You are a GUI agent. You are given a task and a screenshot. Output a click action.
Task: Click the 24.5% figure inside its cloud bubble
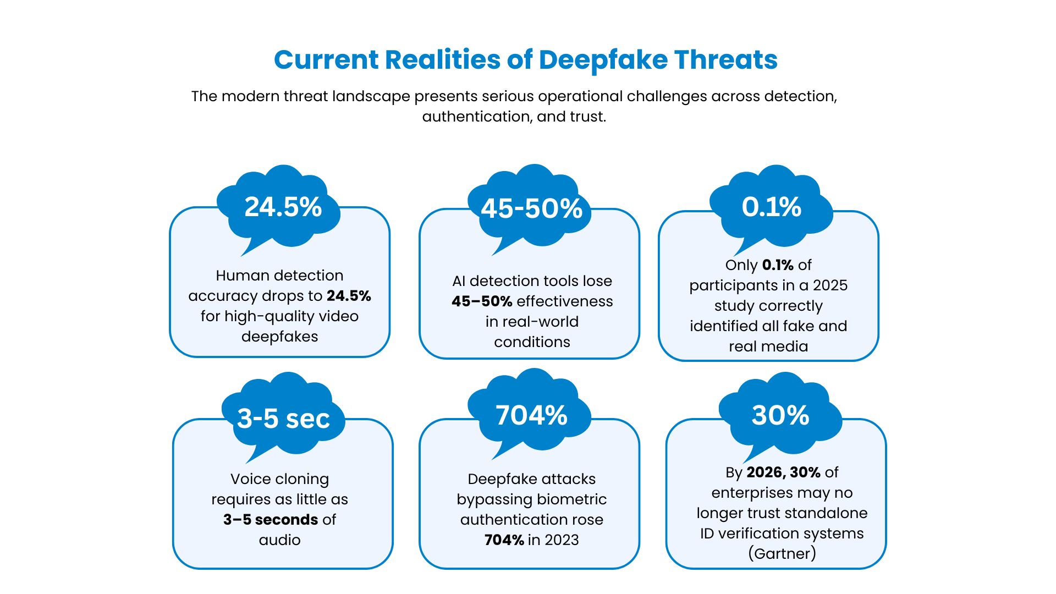283,207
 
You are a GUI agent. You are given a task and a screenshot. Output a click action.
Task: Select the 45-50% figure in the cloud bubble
531,209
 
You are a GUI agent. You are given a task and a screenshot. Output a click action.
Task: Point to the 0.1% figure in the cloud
771,207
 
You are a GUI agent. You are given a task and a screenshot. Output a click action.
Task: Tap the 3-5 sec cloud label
283,419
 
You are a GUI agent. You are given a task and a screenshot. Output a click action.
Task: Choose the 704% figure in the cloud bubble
531,416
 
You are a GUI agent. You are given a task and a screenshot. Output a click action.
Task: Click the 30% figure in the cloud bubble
780,416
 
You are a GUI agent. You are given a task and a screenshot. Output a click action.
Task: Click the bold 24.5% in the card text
349,296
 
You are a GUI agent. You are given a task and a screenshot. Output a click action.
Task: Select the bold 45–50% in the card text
482,301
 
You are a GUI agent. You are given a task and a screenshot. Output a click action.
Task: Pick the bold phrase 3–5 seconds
271,520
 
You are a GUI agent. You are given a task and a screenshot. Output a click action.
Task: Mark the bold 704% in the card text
504,540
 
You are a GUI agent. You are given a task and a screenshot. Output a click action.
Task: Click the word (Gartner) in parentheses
782,553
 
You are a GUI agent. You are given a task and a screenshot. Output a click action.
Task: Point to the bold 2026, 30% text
783,472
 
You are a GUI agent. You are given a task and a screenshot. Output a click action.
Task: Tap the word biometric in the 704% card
571,499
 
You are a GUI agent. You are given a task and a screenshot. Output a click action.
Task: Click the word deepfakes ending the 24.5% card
279,337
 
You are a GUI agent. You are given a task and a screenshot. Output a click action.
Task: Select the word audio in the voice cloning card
279,540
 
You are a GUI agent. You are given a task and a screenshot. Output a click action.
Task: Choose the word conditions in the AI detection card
532,342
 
